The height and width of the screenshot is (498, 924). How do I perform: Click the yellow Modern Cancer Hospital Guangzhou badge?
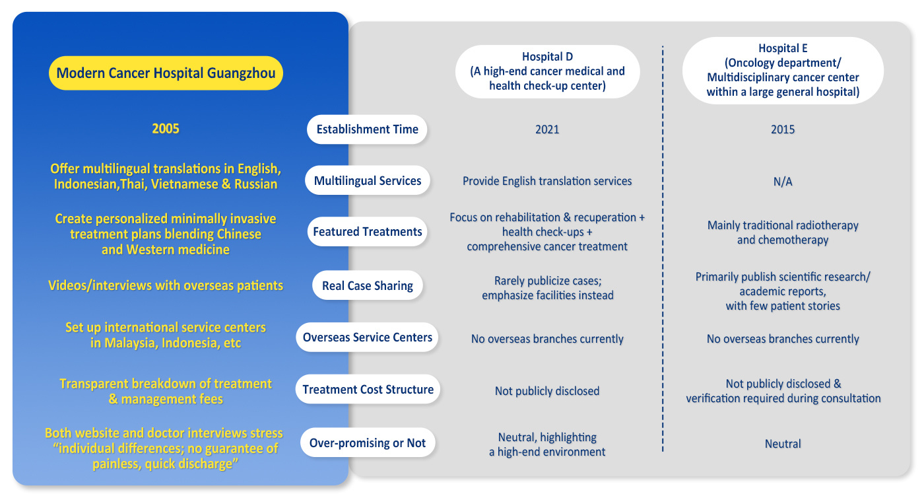[x=166, y=73]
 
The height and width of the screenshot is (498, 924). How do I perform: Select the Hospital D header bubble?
[x=547, y=71]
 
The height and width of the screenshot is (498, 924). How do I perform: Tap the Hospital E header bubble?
[x=783, y=70]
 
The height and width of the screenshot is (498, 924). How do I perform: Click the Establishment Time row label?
[x=367, y=129]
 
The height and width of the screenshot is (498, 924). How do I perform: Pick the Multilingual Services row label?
[x=367, y=180]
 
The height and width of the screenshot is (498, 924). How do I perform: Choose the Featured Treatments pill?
[x=367, y=232]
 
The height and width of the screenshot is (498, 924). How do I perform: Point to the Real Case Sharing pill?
[x=367, y=285]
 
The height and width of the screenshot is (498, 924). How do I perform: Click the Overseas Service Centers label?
[x=367, y=337]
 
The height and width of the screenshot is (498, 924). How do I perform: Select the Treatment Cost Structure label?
[x=368, y=389]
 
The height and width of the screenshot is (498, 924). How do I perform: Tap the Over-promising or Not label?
[x=367, y=443]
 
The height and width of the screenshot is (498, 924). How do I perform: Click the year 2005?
[x=166, y=128]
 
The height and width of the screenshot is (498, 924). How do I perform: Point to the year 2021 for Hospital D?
[x=547, y=129]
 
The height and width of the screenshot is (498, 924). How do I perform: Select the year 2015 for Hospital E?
[x=783, y=129]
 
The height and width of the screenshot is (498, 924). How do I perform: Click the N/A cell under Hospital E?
[x=783, y=182]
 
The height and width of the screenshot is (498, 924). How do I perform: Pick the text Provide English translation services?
[x=547, y=181]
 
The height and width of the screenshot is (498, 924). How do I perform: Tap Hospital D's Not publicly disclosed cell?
[x=547, y=390]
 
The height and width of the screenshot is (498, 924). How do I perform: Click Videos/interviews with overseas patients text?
[x=166, y=285]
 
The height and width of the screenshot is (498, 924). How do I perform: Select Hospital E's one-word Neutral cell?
[x=783, y=443]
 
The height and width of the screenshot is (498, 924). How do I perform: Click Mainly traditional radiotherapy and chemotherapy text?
[x=783, y=232]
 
